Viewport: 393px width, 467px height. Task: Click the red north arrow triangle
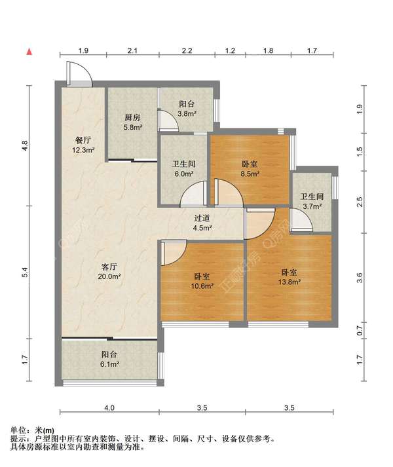click(x=29, y=52)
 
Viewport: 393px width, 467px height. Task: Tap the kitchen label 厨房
click(x=132, y=117)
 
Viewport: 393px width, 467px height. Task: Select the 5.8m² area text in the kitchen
click(x=132, y=128)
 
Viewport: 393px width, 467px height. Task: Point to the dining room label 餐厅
click(x=83, y=140)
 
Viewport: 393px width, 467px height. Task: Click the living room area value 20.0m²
click(x=109, y=276)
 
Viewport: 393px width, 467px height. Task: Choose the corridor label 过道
click(x=202, y=218)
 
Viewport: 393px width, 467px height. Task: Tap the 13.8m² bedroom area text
click(x=289, y=282)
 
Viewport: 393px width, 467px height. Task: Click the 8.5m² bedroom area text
click(x=250, y=174)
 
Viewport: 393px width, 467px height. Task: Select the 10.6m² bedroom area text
click(x=202, y=286)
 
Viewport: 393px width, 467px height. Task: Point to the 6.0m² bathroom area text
click(x=184, y=174)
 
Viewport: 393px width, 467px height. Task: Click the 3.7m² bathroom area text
click(x=312, y=206)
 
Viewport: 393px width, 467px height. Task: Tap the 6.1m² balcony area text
click(x=109, y=364)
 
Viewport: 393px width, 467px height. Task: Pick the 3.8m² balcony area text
click(x=187, y=113)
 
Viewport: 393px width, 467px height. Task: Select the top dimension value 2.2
click(x=187, y=50)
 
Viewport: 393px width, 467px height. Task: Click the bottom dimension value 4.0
click(x=109, y=407)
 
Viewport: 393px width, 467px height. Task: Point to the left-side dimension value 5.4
click(x=25, y=272)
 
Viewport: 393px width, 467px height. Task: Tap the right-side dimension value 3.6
click(x=360, y=278)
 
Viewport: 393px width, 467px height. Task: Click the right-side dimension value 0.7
click(x=360, y=330)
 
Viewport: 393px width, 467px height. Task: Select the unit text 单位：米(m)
click(x=32, y=430)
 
